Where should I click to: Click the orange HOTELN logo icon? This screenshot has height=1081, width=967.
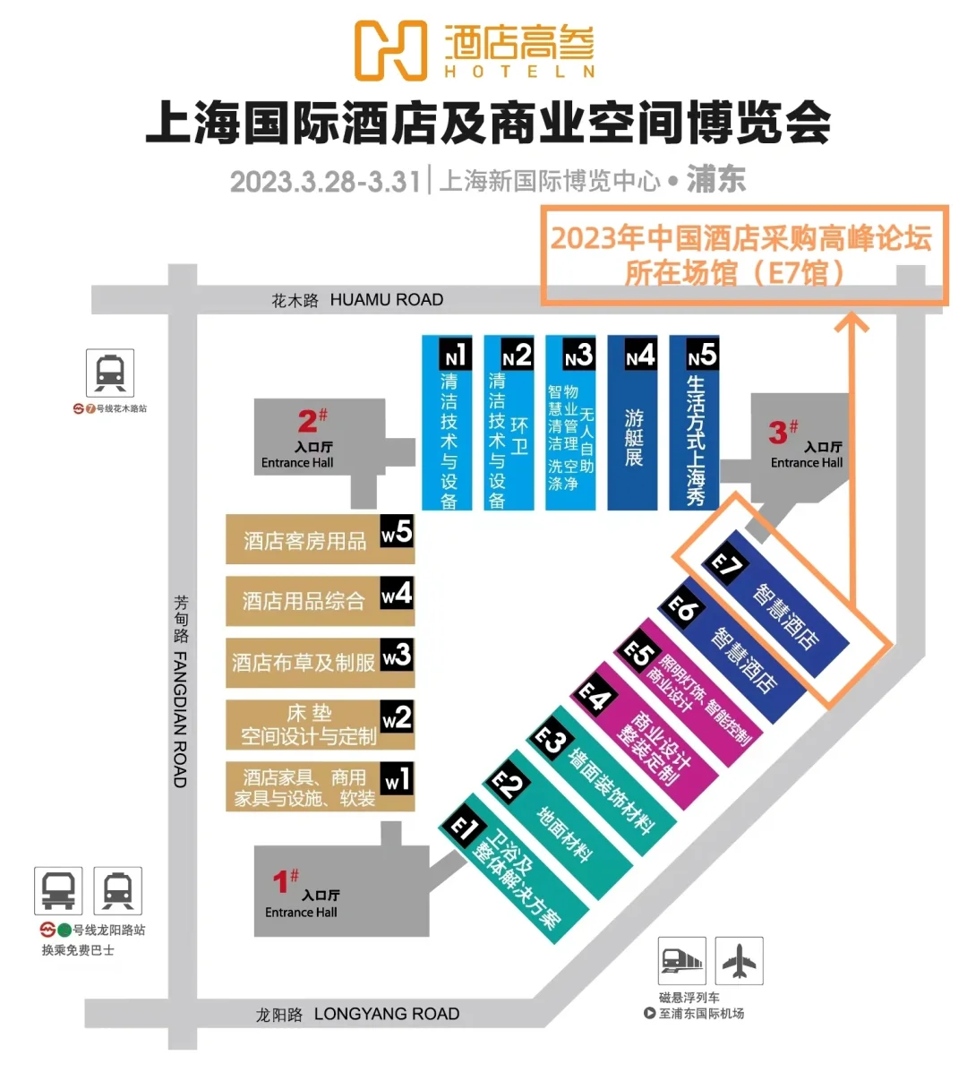click(x=390, y=51)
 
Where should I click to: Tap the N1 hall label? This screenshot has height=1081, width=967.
click(x=456, y=356)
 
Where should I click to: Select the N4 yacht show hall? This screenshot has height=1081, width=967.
click(x=633, y=423)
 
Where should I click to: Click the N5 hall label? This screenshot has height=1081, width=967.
click(x=702, y=356)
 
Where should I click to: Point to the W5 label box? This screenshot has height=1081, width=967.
click(x=397, y=532)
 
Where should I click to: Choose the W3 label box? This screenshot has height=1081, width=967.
click(x=397, y=655)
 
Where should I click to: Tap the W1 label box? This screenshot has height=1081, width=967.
click(x=397, y=778)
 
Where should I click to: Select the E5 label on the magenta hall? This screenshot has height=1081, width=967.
click(x=638, y=653)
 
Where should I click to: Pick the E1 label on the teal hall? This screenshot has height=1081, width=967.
click(x=463, y=827)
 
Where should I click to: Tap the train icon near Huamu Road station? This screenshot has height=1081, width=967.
click(x=110, y=373)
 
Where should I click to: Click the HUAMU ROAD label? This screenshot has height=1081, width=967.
click(x=386, y=300)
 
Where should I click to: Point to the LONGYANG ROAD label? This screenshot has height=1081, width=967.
click(x=386, y=1014)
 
